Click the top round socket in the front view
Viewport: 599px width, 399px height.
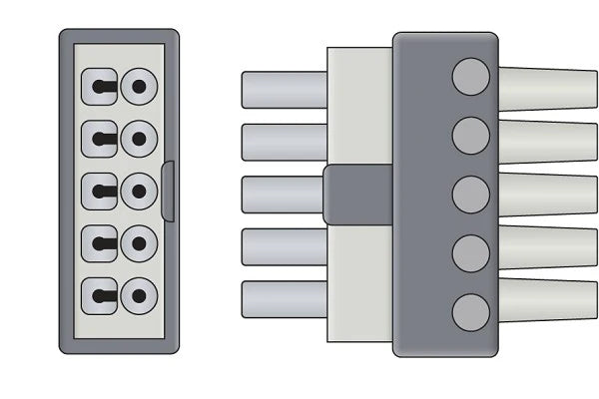click(x=139, y=86)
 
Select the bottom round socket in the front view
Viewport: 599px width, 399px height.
click(x=139, y=295)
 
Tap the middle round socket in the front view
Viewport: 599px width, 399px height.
click(x=139, y=191)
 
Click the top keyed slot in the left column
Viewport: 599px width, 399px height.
click(x=100, y=86)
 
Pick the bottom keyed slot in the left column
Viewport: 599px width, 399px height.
click(x=100, y=295)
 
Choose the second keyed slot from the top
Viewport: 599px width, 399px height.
click(x=100, y=138)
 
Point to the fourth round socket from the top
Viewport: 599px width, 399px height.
click(x=139, y=243)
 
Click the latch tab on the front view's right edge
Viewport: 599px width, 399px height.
click(x=168, y=191)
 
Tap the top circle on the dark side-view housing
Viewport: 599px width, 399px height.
click(x=471, y=76)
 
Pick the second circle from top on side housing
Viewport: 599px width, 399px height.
click(x=471, y=134)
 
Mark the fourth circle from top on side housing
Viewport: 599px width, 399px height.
click(x=471, y=253)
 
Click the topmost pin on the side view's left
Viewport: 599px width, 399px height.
click(x=284, y=90)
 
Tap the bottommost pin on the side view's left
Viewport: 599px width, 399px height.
click(x=284, y=299)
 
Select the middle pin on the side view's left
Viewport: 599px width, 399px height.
click(x=284, y=195)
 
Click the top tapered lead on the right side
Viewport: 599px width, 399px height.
click(x=547, y=89)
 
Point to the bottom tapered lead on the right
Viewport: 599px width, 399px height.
click(x=547, y=299)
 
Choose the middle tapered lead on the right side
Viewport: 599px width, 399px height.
click(x=547, y=195)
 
